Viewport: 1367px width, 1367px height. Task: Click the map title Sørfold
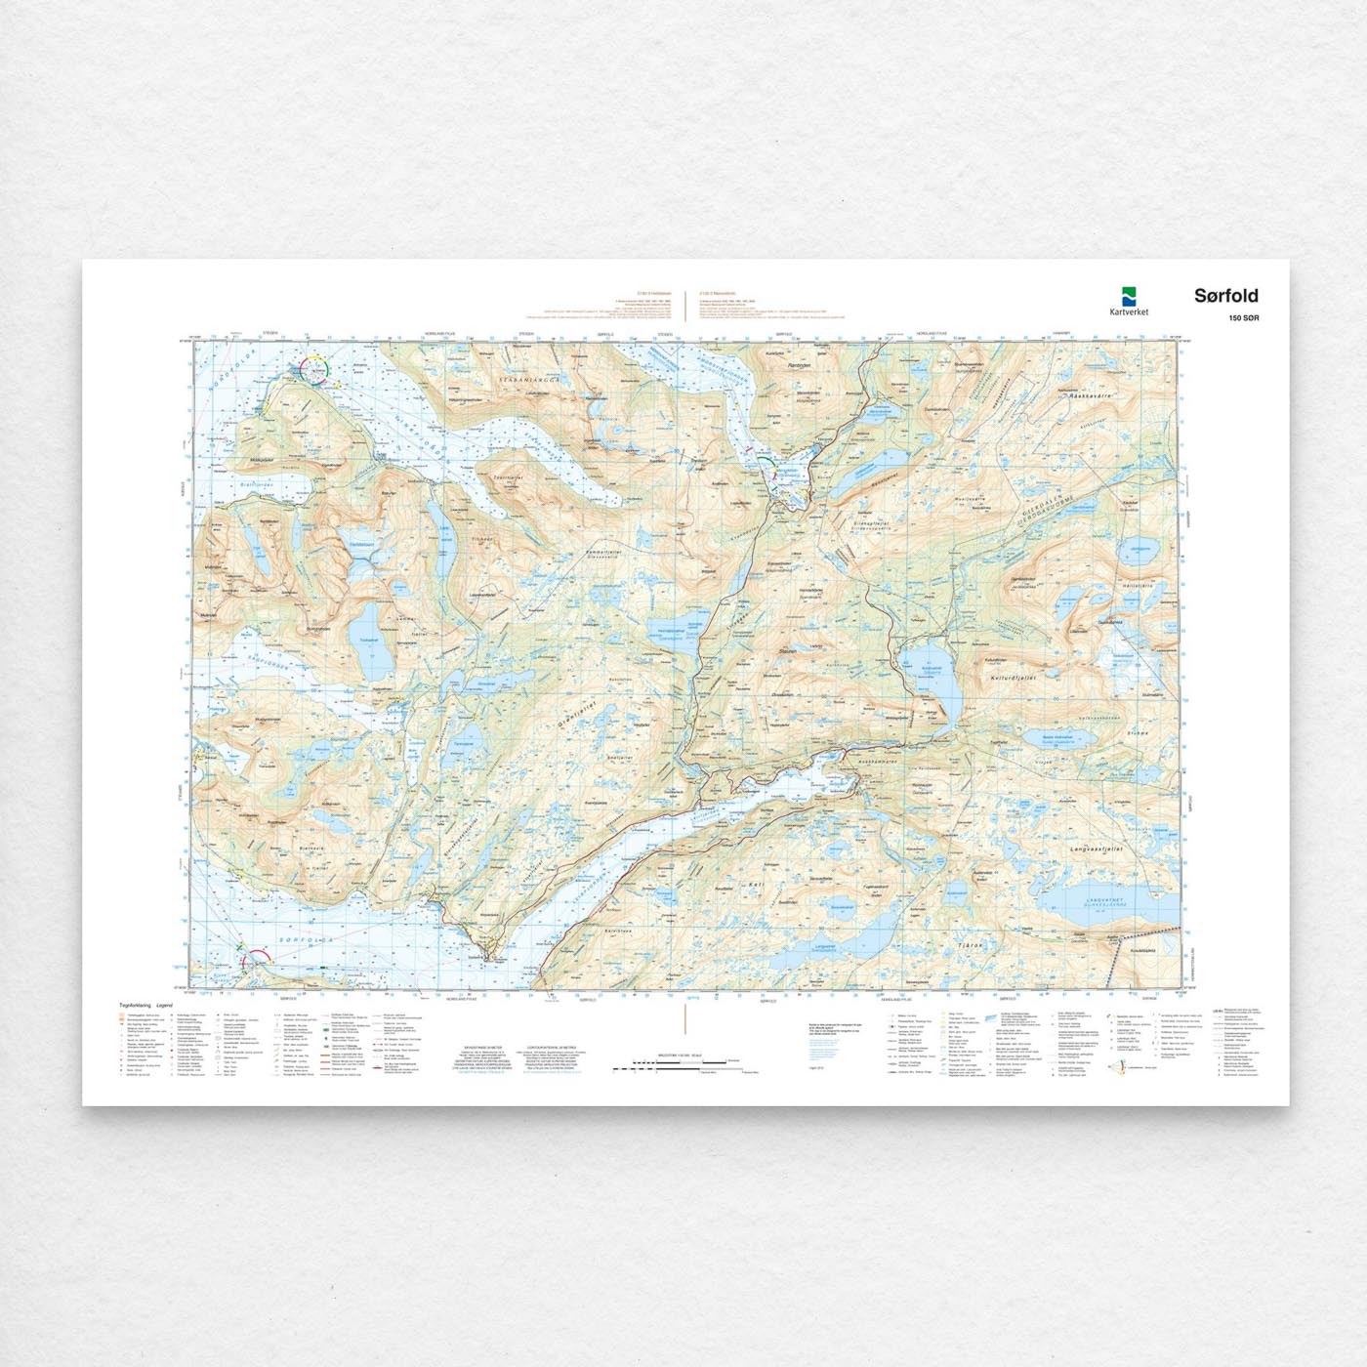click(1225, 296)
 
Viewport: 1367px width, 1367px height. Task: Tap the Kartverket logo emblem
click(1129, 295)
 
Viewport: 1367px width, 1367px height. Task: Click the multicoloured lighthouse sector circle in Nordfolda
click(315, 370)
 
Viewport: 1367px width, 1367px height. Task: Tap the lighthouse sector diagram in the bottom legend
click(1120, 1067)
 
